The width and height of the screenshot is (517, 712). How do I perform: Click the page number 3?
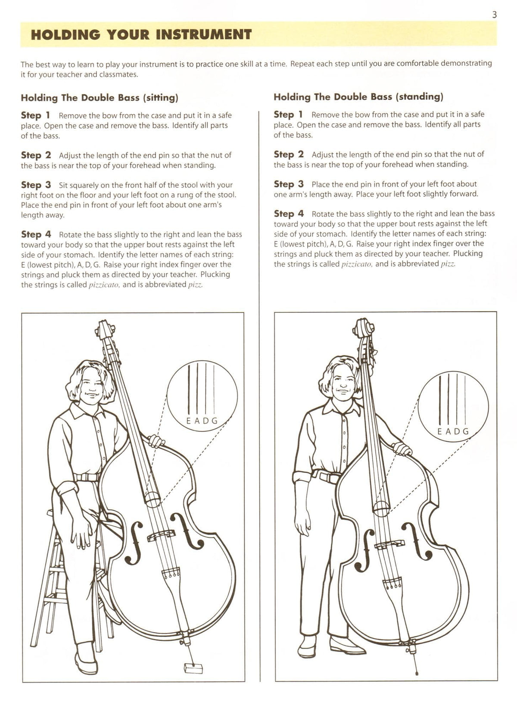494,15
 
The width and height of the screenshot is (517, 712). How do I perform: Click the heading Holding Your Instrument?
141,34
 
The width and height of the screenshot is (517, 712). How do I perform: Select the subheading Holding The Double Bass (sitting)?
100,97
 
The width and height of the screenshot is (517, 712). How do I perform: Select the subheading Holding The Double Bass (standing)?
358,97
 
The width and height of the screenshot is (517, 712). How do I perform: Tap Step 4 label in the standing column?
289,214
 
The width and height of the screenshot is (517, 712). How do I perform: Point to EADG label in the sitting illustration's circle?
202,421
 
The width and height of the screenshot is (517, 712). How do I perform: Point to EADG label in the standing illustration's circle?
453,431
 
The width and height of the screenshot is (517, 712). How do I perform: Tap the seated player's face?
92,388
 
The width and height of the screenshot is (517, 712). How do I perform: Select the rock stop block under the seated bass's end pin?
193,668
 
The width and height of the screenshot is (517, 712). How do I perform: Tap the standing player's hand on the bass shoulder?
402,450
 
